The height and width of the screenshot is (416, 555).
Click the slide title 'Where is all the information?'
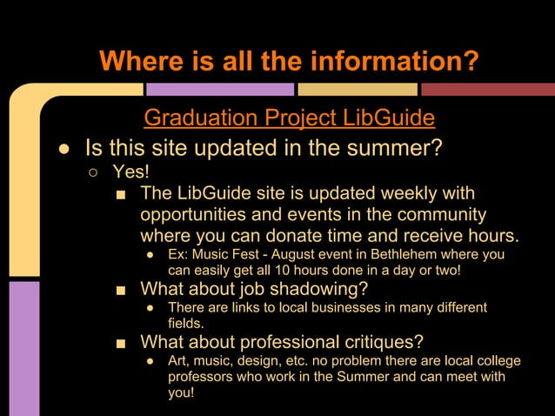289,62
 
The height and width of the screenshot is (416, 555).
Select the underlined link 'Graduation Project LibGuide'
289,117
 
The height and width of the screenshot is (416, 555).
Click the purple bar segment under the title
219,89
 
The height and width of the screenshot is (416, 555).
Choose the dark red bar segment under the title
487,89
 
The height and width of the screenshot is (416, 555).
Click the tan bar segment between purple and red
356,89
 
